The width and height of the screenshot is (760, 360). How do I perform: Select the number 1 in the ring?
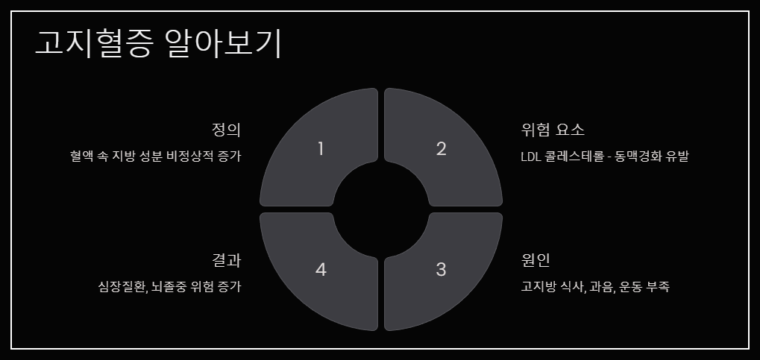(x=321, y=148)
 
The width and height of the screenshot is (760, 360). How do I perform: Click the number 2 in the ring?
(x=441, y=148)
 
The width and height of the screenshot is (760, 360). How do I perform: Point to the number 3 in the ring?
(x=441, y=269)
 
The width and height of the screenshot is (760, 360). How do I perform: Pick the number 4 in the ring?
(x=321, y=269)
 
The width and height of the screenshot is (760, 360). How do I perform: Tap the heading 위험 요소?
(x=553, y=130)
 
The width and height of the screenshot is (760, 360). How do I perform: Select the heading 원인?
(x=536, y=260)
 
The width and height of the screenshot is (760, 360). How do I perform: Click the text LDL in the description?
(x=533, y=157)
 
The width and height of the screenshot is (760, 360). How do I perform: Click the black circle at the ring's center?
(x=381, y=209)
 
